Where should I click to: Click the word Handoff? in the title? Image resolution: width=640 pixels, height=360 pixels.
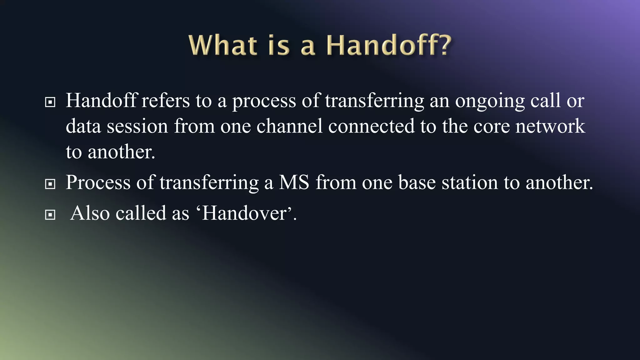pos(389,45)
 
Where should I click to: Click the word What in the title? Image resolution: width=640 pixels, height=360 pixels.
pos(223,45)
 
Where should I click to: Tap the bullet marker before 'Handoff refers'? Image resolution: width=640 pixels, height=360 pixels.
pos(50,102)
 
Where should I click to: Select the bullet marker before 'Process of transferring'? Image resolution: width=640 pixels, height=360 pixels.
pos(50,184)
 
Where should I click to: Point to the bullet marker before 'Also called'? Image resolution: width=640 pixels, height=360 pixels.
pos(50,215)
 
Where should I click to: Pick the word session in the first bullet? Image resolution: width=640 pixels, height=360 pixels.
pos(137,126)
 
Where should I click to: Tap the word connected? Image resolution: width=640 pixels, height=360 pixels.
pos(371,126)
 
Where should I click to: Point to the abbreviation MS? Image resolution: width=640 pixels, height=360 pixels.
pos(294,182)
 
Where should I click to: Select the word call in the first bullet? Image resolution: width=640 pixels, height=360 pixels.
pos(545,101)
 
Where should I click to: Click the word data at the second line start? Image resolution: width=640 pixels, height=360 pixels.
pos(83,126)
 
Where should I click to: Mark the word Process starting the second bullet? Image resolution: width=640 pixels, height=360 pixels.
pos(98,182)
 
